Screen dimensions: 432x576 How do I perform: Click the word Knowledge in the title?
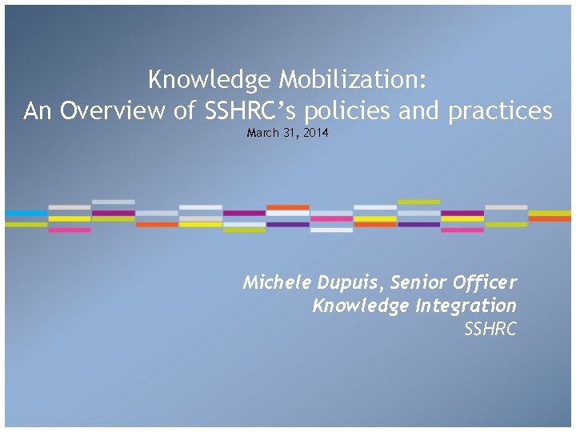tap(210, 80)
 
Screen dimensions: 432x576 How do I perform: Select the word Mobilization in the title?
tap(353, 80)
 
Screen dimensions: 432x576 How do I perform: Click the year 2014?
tap(314, 133)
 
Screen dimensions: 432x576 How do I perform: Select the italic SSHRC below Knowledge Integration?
tap(490, 329)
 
